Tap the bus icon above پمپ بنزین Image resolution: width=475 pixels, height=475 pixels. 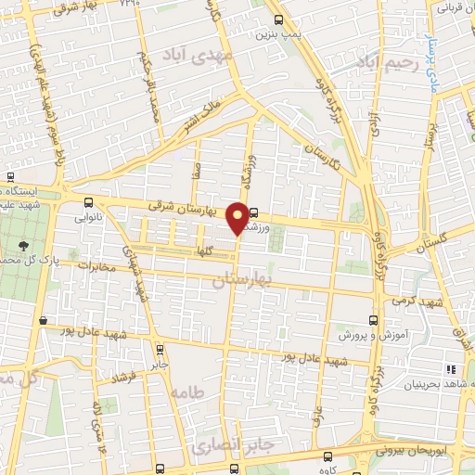[279, 19]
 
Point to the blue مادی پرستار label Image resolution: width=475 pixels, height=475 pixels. [429, 58]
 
